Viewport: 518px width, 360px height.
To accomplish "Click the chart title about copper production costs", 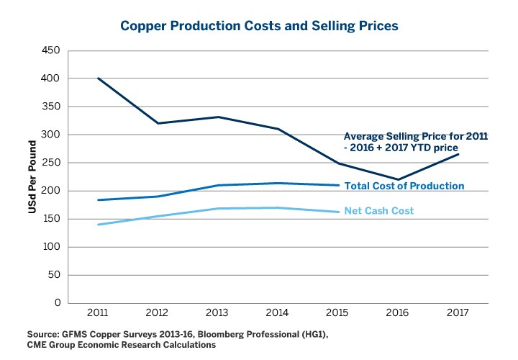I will coord(259,25).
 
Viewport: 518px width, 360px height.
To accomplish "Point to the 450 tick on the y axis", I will coord(50,50).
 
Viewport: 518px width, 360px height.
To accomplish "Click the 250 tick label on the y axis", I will coord(50,163).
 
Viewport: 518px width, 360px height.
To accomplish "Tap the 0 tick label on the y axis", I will coord(55,303).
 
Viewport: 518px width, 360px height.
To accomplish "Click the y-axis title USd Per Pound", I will coord(32,177).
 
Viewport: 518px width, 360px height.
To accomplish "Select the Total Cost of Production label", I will coord(404,186).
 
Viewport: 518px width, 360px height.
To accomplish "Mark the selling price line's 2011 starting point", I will coord(97,78).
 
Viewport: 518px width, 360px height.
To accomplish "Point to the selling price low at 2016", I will coord(398,179).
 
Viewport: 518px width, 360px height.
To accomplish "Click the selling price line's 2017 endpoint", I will coord(458,154).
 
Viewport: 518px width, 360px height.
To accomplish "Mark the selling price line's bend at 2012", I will coord(157,123).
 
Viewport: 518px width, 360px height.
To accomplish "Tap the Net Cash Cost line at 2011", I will coord(97,225).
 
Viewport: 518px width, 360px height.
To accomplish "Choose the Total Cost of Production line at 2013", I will coord(217,185).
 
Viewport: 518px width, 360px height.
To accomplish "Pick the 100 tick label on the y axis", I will coord(50,247).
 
